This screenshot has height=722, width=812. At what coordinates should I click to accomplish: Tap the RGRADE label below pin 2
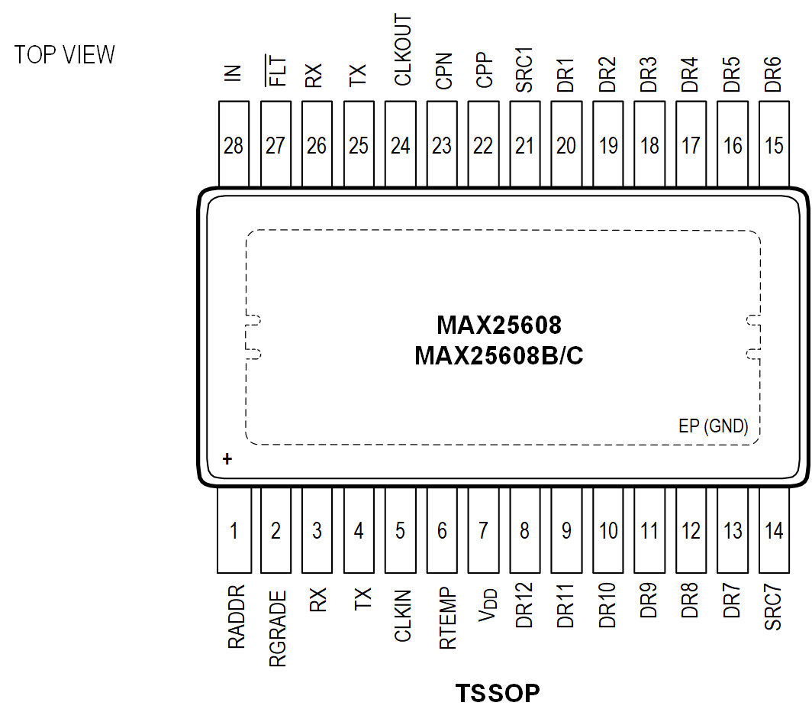point(277,629)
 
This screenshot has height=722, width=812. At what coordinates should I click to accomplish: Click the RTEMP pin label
point(447,619)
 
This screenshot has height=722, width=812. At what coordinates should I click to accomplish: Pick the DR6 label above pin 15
point(773,75)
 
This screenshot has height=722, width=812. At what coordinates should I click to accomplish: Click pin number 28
point(234,146)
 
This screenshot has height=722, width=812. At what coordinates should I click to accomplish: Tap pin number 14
point(774,529)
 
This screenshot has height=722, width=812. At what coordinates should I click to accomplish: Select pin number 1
point(235,529)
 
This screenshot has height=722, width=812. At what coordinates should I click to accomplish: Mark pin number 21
point(524,146)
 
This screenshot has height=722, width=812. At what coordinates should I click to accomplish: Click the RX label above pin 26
point(315,76)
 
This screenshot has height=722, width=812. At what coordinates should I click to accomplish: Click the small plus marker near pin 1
point(226,459)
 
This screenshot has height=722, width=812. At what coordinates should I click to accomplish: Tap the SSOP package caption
point(505,693)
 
